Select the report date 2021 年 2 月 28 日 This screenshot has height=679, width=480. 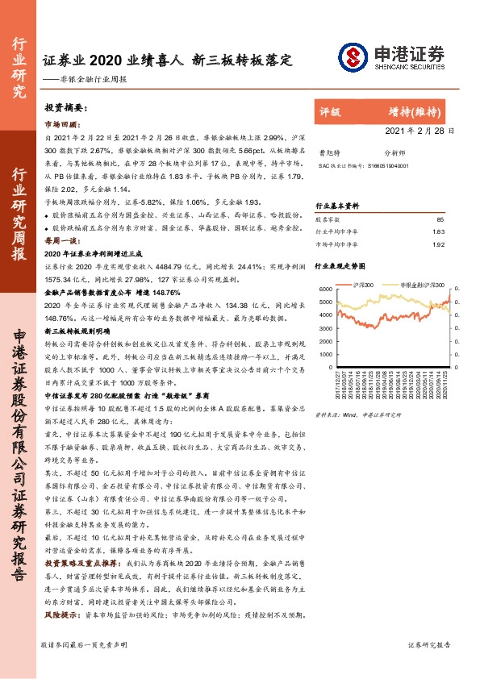coord(424,130)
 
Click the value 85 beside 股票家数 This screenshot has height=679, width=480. coord(440,219)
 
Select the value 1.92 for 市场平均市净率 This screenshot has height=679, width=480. coord(439,244)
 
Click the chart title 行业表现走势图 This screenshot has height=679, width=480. coord(340,264)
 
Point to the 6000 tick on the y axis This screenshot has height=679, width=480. coord(324,289)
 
